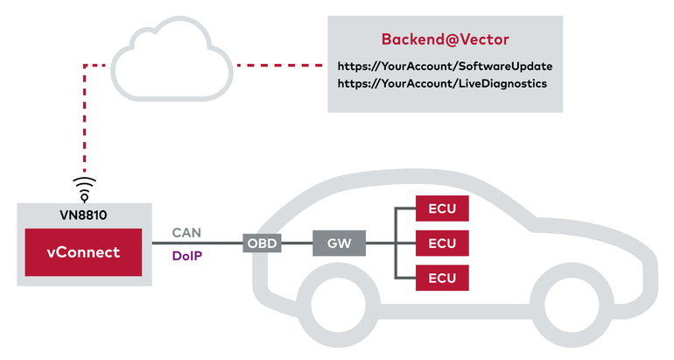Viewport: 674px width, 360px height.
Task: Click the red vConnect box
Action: (x=83, y=252)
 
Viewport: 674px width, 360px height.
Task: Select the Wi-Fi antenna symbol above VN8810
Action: (x=84, y=187)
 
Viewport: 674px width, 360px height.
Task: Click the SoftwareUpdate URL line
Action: (x=445, y=66)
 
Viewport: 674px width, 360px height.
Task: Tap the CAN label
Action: (x=186, y=233)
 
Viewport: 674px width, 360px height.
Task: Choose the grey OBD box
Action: (x=263, y=243)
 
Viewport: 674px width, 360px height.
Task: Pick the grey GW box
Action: (x=335, y=243)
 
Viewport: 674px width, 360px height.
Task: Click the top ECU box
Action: (x=442, y=208)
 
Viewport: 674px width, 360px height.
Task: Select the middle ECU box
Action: (x=442, y=243)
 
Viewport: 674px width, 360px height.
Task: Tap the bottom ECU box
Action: (x=442, y=277)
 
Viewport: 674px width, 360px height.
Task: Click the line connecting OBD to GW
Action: (x=298, y=243)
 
